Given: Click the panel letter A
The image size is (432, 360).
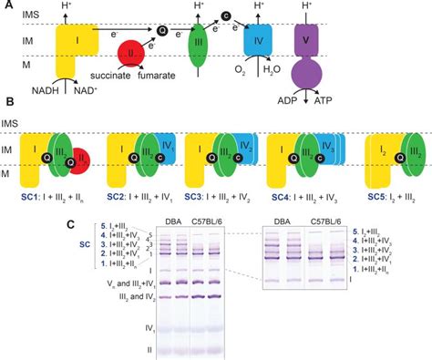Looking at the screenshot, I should point(8,6).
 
